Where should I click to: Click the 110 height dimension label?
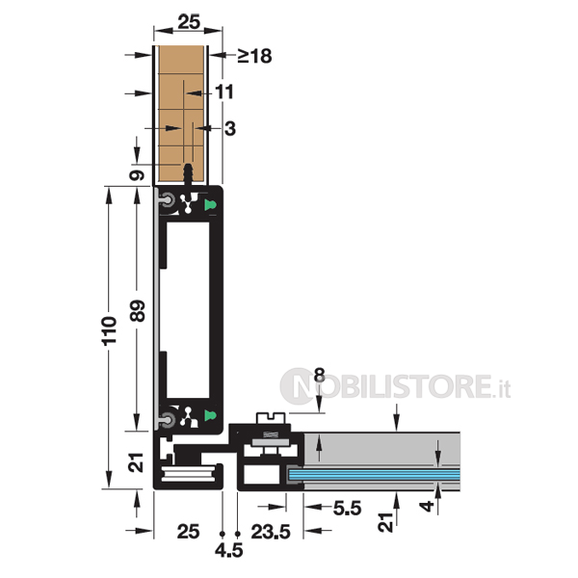tap(109, 330)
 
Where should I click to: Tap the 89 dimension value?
tap(138, 311)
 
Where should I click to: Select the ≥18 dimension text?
tap(254, 56)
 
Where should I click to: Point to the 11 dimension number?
tap(224, 92)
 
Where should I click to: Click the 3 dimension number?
tap(230, 129)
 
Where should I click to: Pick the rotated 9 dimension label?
tap(137, 174)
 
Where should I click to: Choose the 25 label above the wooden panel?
tap(189, 22)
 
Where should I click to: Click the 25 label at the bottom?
tap(188, 532)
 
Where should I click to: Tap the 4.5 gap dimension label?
tap(229, 551)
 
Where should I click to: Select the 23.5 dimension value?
tap(271, 532)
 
